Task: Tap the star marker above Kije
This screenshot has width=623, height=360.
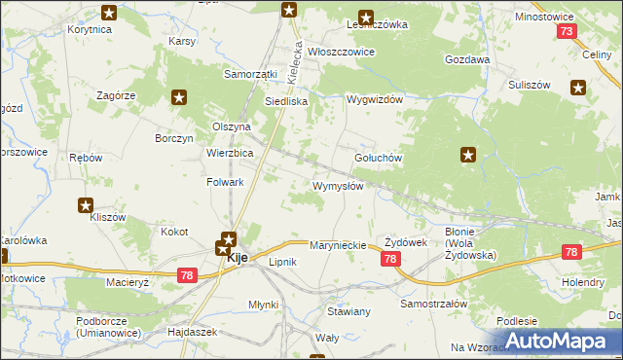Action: tap(228, 237)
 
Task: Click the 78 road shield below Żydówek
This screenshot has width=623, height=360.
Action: tap(390, 259)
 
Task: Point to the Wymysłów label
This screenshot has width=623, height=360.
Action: tap(338, 186)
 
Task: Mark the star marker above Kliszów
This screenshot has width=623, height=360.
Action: tap(86, 205)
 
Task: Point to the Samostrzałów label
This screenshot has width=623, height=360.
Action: tap(434, 304)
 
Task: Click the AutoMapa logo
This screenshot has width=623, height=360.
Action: tap(558, 341)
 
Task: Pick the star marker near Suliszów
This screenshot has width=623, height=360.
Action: tap(579, 89)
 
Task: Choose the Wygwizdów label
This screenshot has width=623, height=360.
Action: tap(375, 99)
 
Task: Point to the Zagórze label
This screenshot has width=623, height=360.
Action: tap(115, 95)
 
